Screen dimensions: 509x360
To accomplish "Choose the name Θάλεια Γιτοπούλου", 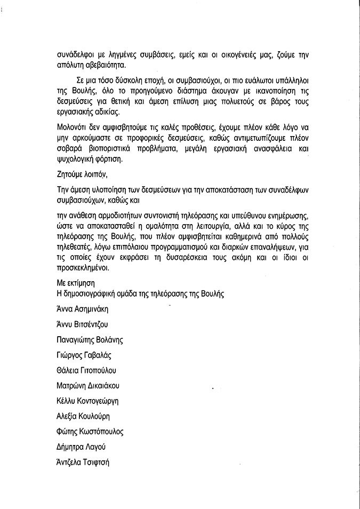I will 86,370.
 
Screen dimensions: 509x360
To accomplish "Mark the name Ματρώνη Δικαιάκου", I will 87,386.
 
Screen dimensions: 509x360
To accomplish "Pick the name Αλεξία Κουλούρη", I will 83,416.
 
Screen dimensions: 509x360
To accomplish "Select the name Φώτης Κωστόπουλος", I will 90,432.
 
